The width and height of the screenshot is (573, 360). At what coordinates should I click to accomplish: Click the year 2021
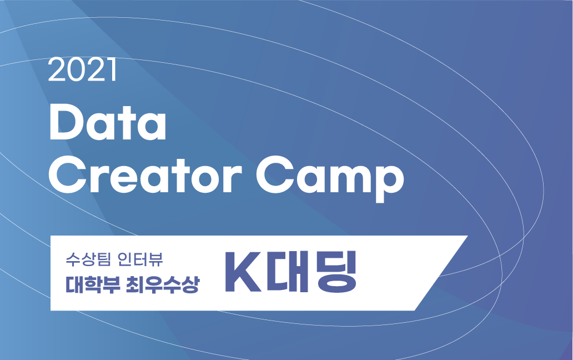click(x=82, y=71)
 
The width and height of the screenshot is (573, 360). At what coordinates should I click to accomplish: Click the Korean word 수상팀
click(x=86, y=259)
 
